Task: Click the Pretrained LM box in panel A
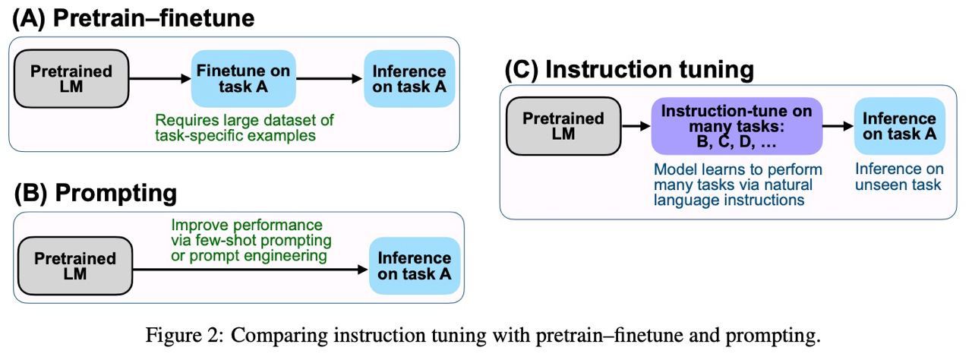pyautogui.click(x=71, y=78)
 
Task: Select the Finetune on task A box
pyautogui.click(x=244, y=78)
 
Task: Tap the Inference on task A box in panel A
pyautogui.click(x=409, y=78)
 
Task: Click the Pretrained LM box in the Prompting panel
pyautogui.click(x=75, y=266)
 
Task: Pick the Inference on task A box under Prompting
pyautogui.click(x=415, y=266)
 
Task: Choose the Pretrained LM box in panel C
pyautogui.click(x=563, y=126)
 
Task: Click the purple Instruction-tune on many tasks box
pyautogui.click(x=737, y=126)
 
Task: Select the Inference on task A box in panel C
pyautogui.click(x=900, y=126)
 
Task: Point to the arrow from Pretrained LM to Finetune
pyautogui.click(x=160, y=78)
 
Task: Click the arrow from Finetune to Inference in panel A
pyautogui.click(x=329, y=78)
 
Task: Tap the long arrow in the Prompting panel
pyautogui.click(x=251, y=270)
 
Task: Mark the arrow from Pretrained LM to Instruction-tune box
pyautogui.click(x=636, y=126)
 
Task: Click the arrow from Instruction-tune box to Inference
pyautogui.click(x=838, y=126)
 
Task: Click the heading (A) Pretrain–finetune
pyautogui.click(x=133, y=19)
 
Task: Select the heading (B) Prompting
pyautogui.click(x=96, y=193)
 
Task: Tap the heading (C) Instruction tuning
pyautogui.click(x=630, y=69)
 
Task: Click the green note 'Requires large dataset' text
pyautogui.click(x=245, y=128)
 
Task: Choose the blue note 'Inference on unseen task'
pyautogui.click(x=899, y=176)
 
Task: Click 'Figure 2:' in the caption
pyautogui.click(x=185, y=335)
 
